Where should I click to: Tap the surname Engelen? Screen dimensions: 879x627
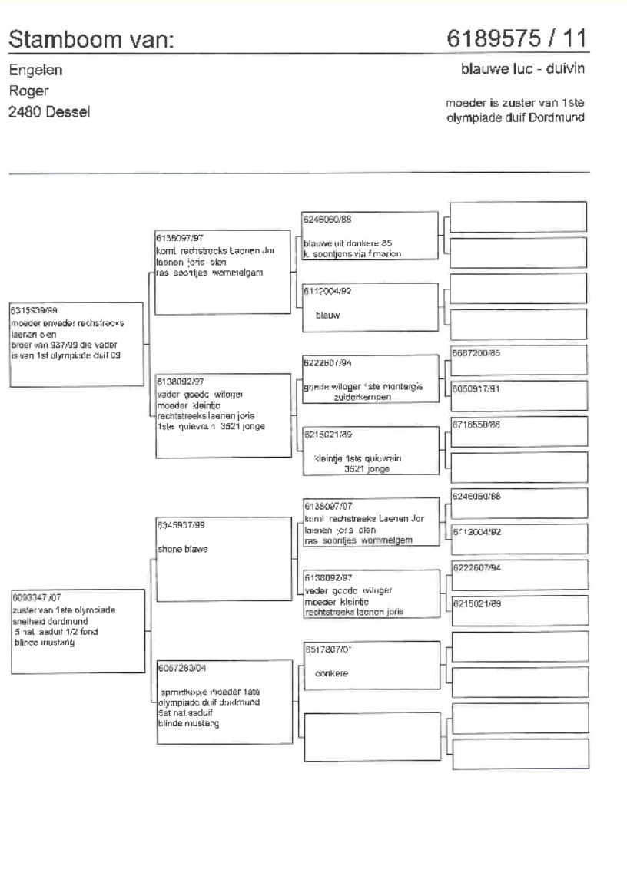35,71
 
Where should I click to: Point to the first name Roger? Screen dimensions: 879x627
28,91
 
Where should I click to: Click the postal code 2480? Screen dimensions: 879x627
23,111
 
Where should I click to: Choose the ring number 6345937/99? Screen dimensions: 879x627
180,525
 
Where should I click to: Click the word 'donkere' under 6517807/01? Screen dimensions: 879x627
333,673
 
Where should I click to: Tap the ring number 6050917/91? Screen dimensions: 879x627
476,388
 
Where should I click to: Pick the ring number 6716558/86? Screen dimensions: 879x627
476,425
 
